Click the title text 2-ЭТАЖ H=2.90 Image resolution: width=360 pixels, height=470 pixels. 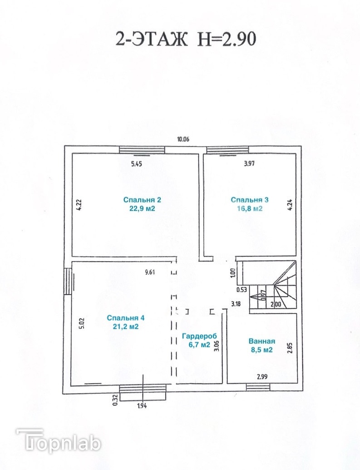coord(186,39)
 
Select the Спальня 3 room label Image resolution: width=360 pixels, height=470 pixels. coord(249,204)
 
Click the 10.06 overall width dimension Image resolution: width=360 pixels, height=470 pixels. coord(183,139)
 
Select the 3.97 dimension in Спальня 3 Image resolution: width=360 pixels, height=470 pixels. coord(249,163)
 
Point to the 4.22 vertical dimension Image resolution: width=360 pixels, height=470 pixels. coord(79,205)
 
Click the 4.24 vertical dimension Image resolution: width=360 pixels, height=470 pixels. coord(290,205)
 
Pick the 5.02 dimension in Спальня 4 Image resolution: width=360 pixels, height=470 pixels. coord(83,323)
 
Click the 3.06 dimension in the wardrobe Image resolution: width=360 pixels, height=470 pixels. coord(217,346)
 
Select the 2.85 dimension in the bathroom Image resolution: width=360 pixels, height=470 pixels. coord(290,348)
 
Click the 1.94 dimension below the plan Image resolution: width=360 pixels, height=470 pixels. coord(143,406)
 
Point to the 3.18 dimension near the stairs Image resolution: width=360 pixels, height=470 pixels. coord(236,304)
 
